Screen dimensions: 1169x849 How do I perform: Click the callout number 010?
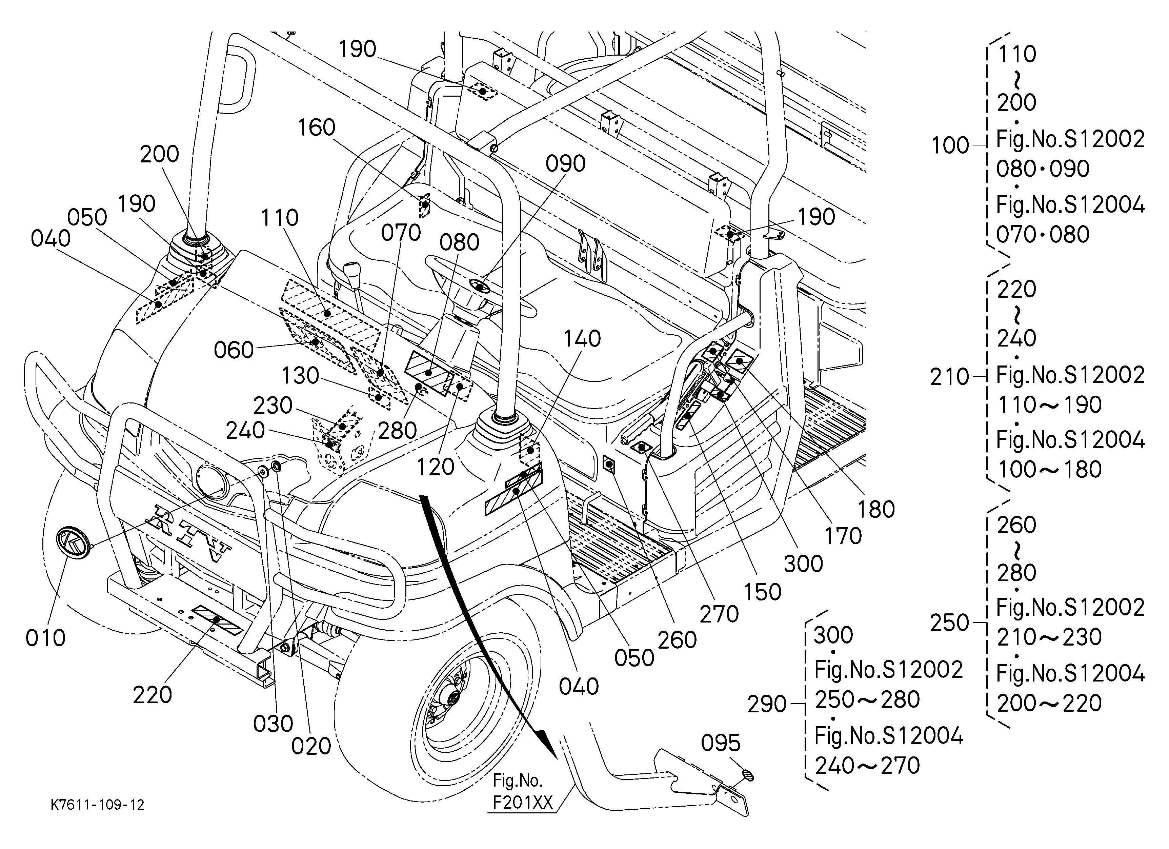pyautogui.click(x=45, y=638)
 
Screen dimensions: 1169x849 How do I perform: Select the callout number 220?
pyautogui.click(x=153, y=695)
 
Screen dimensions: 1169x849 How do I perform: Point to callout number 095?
pyautogui.click(x=721, y=743)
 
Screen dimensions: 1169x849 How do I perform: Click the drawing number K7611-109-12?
pyautogui.click(x=97, y=805)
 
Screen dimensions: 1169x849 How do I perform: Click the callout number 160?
pyautogui.click(x=317, y=127)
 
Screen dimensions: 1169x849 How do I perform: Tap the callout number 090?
pyautogui.click(x=565, y=163)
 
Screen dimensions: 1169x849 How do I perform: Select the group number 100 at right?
pyautogui.click(x=950, y=146)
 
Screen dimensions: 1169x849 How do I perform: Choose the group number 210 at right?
pyautogui.click(x=949, y=377)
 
